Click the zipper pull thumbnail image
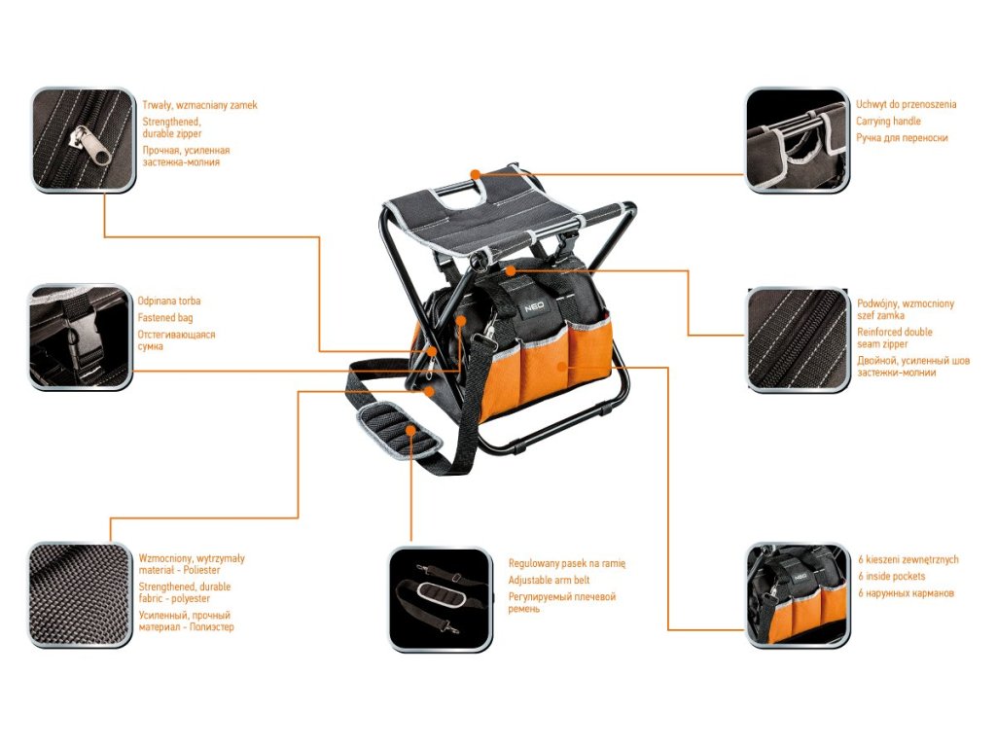point(83,140)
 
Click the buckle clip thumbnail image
point(81,338)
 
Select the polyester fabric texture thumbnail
point(80,594)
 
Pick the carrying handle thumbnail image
point(797,141)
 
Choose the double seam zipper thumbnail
point(798,339)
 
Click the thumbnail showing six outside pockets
point(798,595)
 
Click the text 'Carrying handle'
point(888,122)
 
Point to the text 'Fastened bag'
point(165,318)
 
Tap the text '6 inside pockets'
point(892,577)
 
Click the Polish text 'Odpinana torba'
point(169,302)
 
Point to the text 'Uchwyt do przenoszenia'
point(906,104)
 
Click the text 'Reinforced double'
point(894,333)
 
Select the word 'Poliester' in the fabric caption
point(208,572)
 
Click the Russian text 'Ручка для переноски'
point(902,138)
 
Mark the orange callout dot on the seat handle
point(476,175)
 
